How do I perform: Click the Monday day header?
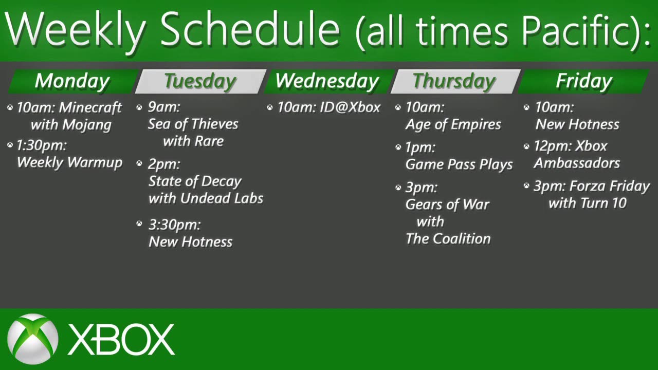point(72,81)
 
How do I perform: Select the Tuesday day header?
point(199,81)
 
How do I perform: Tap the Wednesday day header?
point(327,81)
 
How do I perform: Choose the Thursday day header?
point(454,81)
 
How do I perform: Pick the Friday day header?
point(584,81)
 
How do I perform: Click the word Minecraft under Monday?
point(90,107)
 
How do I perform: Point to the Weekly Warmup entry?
point(69,162)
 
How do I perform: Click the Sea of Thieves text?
point(193,124)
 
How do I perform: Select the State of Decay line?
point(195,181)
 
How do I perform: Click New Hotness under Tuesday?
point(190,242)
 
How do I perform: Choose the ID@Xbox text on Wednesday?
point(350,107)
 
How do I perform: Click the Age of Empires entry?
point(453,124)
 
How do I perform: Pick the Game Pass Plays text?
point(459,164)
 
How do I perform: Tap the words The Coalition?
point(448,238)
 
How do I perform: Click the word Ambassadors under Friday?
point(577,163)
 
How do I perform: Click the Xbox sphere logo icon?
point(33,339)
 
